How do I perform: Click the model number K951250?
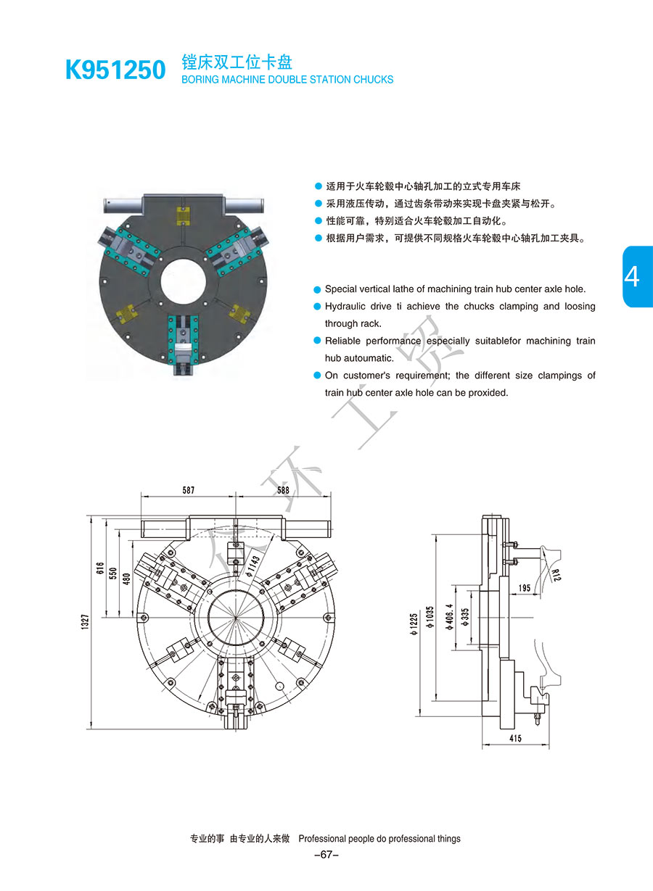115,70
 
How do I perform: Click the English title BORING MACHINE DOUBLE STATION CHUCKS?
287,80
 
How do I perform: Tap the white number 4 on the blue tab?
632,276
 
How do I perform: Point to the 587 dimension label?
189,489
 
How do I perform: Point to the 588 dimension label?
283,489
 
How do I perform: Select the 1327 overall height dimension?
85,622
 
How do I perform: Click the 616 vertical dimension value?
99,568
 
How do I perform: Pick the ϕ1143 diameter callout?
253,565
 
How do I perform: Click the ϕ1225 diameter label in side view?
414,623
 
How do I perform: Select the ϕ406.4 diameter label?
450,617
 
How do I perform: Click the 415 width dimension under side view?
515,738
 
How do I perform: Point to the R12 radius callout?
557,575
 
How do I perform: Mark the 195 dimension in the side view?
525,587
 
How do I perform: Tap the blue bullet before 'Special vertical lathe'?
317,289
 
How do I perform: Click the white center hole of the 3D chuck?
183,281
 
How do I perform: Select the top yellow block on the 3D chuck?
183,216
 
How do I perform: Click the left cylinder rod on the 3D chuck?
123,206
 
